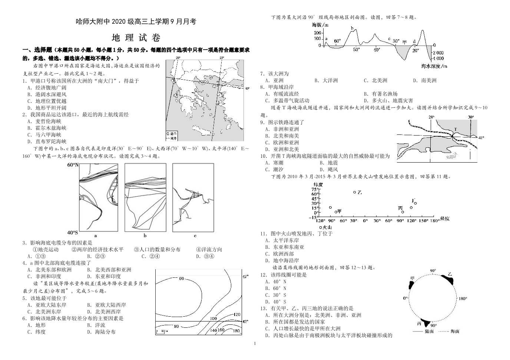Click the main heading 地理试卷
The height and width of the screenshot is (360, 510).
pyautogui.click(x=136, y=38)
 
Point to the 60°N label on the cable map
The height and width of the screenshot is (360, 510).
pyautogui.click(x=73, y=165)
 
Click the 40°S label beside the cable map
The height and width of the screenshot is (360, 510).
pyautogui.click(x=73, y=232)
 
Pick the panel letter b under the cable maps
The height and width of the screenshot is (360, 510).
pyautogui.click(x=145, y=236)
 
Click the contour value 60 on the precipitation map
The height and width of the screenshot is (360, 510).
pyautogui.click(x=181, y=279)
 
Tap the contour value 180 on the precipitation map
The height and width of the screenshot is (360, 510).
pyautogui.click(x=236, y=331)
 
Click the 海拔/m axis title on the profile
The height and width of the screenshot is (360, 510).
pyautogui.click(x=320, y=25)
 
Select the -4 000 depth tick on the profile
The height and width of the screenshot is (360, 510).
pyautogui.click(x=437, y=58)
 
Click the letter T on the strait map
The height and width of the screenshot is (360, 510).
pyautogui.click(x=456, y=130)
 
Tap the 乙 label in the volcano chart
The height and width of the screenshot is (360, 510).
pyautogui.click(x=359, y=192)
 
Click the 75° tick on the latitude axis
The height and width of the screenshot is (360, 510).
pyautogui.click(x=315, y=189)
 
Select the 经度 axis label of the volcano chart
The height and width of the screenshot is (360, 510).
pyautogui.click(x=444, y=219)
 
